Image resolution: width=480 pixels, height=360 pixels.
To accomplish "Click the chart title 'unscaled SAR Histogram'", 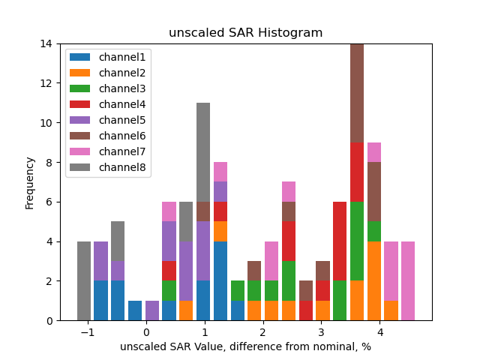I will coord(246,33).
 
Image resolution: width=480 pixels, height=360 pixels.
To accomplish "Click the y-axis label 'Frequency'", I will coord(30,182).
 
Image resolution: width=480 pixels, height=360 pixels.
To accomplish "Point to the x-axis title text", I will coord(246,346).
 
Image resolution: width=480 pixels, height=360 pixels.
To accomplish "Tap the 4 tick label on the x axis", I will coord(379,332).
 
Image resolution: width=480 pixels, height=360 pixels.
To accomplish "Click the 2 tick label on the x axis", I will coord(262,332).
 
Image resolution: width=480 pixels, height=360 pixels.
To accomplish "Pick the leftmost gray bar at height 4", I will coord(84,281).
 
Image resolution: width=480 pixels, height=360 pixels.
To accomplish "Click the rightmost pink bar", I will coord(408,281).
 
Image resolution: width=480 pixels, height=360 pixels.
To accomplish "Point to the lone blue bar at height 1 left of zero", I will coord(135,310).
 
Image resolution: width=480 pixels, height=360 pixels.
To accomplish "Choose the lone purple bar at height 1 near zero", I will coord(152,310).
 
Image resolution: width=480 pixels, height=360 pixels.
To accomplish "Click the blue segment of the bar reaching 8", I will coord(220,281).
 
